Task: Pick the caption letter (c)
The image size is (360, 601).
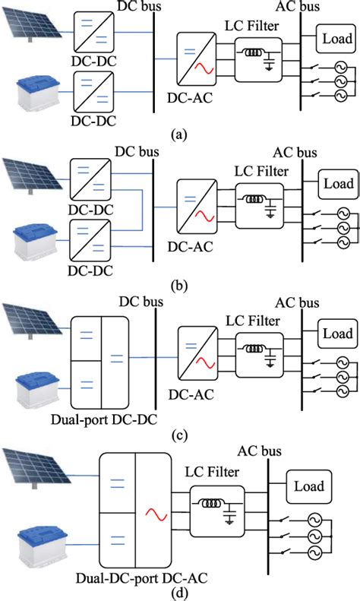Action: tap(179, 435)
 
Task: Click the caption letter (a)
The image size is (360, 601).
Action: tap(179, 134)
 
